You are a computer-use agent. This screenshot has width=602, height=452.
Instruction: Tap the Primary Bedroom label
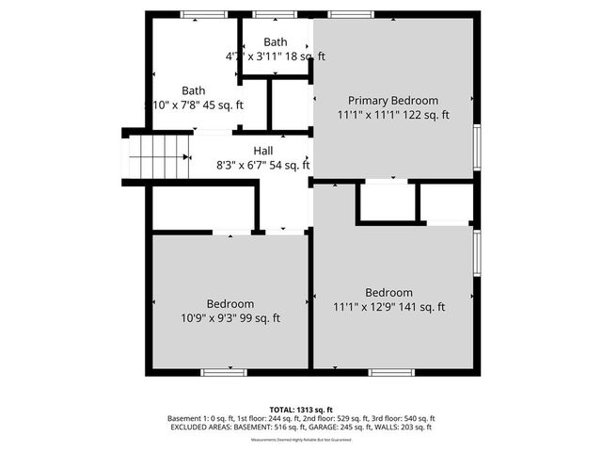393,101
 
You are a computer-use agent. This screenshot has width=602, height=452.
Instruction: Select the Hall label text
263,151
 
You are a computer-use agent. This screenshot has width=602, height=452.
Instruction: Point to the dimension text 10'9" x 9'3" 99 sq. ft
230,318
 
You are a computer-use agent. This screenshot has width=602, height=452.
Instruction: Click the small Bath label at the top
276,42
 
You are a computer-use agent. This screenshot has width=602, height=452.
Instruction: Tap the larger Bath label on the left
194,91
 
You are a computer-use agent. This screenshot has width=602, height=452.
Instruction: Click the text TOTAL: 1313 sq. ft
302,409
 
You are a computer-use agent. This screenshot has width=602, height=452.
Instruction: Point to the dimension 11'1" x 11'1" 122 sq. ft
393,115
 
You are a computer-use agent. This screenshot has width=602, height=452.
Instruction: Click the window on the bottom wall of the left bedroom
218,373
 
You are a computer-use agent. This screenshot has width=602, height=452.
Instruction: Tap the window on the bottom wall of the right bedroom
391,373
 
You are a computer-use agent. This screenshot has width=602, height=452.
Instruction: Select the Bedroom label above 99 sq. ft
230,304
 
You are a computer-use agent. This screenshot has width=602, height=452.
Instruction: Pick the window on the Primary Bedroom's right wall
477,146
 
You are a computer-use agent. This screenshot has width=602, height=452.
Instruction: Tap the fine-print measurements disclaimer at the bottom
302,440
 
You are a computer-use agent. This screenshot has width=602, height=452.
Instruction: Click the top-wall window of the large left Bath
197,14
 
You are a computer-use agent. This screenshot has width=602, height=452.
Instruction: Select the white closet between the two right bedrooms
386,202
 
